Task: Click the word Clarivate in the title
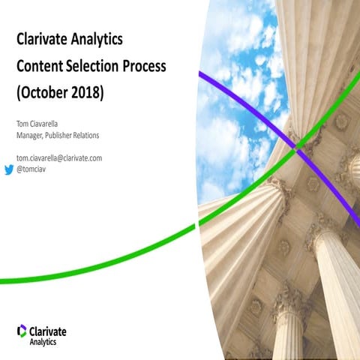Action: coord(44,37)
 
